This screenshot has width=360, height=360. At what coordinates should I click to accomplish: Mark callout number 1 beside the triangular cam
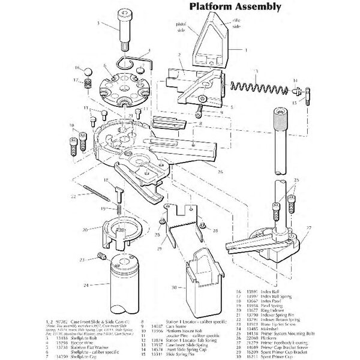pyautogui.click(x=245, y=51)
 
